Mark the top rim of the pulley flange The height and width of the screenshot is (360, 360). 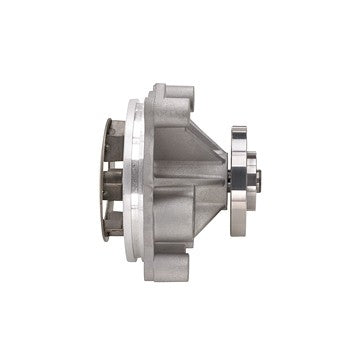point(238,129)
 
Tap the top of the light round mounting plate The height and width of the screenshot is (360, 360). point(133,103)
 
